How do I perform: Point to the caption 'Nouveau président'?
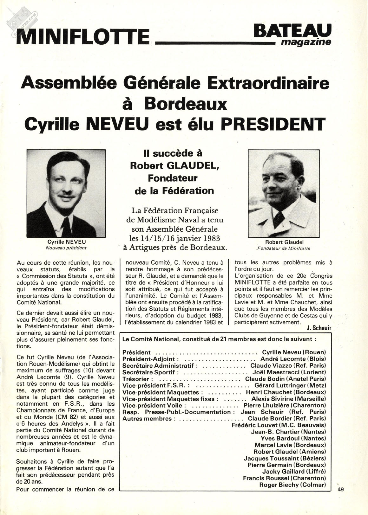(66, 248)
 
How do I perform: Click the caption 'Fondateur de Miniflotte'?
(284, 248)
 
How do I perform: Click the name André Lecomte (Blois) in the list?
(293, 359)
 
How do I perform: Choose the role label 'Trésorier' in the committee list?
(138, 379)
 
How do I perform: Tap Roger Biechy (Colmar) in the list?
(292, 485)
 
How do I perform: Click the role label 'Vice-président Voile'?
(152, 405)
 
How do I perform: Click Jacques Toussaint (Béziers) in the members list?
(285, 458)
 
